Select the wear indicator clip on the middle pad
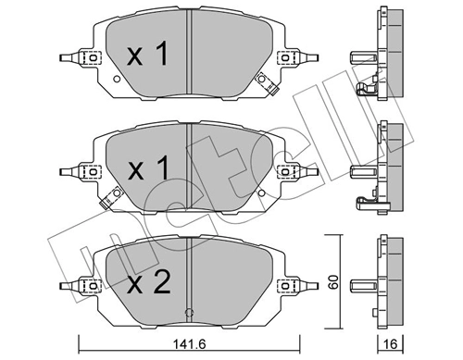coord(111,196)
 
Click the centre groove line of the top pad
coord(189,56)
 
